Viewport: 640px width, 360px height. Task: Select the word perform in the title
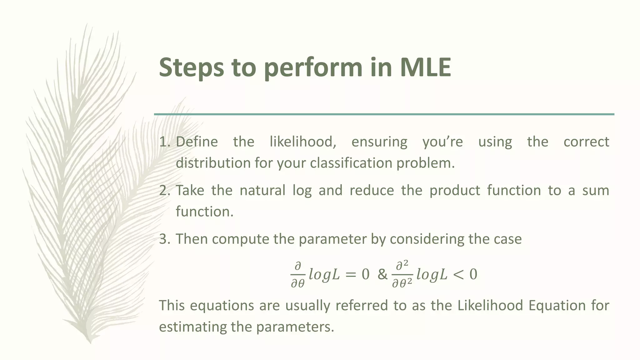312,67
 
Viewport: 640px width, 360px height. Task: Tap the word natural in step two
262,191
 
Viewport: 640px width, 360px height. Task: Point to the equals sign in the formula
350,275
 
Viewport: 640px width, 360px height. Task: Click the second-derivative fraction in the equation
402,275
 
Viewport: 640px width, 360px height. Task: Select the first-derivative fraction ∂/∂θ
297,275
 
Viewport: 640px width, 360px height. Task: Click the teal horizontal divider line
384,114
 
